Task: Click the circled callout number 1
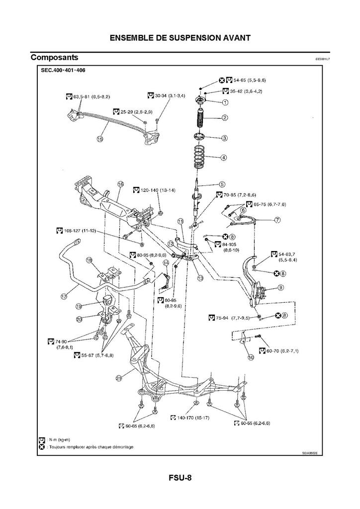pos(225,103)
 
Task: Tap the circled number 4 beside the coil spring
pos(224,158)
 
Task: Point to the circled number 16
pos(120,184)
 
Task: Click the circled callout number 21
pos(119,378)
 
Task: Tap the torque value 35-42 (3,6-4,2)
pos(246,91)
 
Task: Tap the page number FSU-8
pos(180,478)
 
